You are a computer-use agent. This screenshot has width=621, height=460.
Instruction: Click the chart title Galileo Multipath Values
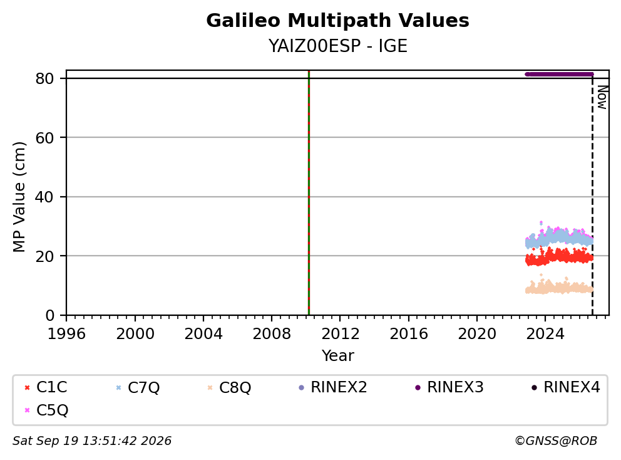[337, 21]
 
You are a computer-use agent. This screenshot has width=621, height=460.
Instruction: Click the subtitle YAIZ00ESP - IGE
[337, 46]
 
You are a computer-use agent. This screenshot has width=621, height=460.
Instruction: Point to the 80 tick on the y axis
[44, 78]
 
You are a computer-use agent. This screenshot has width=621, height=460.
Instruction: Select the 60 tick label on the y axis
[44, 138]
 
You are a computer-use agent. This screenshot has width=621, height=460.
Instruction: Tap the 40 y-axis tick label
[44, 197]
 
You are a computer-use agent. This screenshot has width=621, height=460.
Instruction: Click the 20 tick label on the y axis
[44, 256]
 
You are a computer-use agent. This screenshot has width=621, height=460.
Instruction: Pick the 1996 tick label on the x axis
[66, 334]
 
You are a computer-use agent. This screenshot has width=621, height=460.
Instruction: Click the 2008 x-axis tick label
[272, 334]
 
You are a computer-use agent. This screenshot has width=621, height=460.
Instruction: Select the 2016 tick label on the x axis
[408, 334]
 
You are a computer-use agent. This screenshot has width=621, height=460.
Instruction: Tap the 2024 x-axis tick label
[545, 334]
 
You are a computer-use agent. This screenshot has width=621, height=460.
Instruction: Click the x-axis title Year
[337, 356]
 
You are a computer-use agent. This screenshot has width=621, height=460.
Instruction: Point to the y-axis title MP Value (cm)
[19, 197]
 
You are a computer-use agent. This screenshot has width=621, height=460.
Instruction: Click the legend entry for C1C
[46, 387]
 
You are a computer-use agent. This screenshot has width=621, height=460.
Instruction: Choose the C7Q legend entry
[138, 387]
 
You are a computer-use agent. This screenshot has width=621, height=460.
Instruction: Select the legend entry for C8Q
[229, 387]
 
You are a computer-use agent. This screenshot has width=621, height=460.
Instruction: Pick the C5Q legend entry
[46, 410]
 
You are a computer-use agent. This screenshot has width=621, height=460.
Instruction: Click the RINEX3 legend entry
[449, 387]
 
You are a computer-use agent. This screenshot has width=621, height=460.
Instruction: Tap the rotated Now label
[602, 97]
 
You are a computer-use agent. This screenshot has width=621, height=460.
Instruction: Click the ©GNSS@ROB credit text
[556, 441]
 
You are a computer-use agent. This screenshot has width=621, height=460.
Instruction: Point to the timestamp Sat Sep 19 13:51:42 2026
[92, 441]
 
